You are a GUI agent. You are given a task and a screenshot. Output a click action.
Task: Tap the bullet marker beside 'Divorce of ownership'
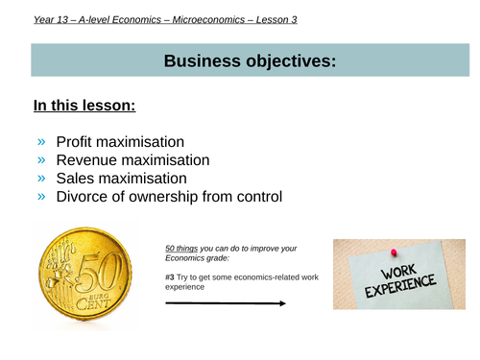40,197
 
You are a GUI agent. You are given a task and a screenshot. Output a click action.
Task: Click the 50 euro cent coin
82,273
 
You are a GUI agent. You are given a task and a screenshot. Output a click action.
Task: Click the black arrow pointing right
225,303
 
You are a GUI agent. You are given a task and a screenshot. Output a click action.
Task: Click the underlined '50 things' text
182,249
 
